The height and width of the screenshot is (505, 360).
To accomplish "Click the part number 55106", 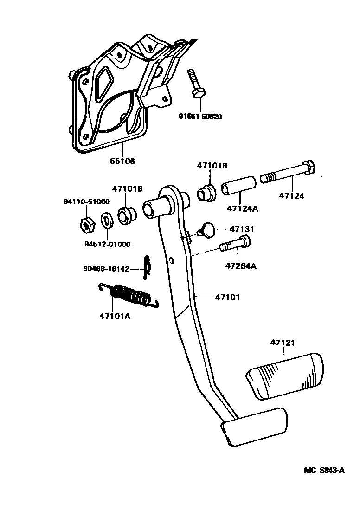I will coord(122,161).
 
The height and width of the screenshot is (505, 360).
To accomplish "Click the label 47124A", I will coord(242,208).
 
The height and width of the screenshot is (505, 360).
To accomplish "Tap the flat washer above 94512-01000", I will coord(106,220).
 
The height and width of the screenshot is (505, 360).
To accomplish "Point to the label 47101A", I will coord(115,316).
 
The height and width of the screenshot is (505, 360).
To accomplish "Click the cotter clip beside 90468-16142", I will coord(147,268).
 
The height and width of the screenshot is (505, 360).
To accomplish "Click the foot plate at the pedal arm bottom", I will coord(254,426).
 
